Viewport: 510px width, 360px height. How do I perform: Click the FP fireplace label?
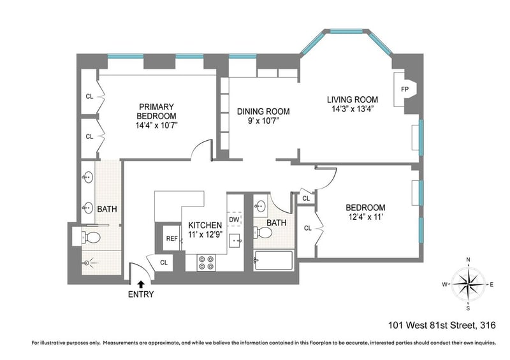(404, 89)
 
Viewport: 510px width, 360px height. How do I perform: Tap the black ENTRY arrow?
(140, 285)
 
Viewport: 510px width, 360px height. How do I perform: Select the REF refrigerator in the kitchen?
(171, 238)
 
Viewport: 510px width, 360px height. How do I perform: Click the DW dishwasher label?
(234, 220)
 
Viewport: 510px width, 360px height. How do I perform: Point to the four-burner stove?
(206, 263)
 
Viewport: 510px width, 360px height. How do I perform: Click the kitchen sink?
(235, 241)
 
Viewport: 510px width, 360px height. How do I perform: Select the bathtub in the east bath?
(273, 260)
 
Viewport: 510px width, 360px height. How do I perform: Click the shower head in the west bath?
(87, 263)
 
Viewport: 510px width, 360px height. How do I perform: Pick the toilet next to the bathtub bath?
(263, 233)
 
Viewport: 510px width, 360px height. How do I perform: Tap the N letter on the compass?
(469, 259)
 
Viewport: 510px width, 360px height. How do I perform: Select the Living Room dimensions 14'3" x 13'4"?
(353, 109)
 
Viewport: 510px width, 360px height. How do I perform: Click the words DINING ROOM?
(263, 112)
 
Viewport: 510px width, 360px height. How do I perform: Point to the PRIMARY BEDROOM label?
(156, 112)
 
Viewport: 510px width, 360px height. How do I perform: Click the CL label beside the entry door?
(164, 263)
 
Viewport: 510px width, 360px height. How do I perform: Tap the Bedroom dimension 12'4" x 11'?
(365, 217)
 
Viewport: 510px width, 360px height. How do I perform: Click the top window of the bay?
(346, 31)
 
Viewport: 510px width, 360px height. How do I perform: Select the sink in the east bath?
(260, 206)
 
